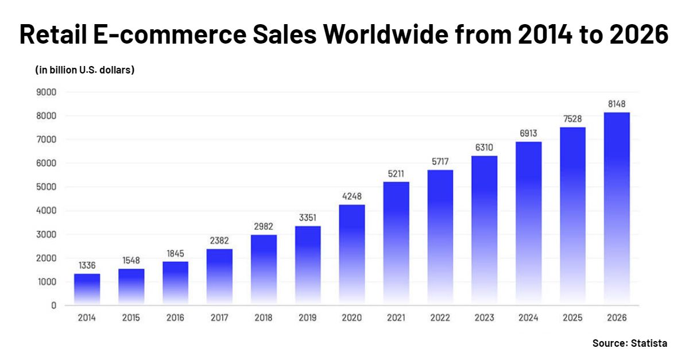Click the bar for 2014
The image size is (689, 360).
(87, 288)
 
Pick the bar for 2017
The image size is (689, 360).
(219, 276)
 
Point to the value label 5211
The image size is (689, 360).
(396, 173)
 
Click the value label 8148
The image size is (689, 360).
(617, 103)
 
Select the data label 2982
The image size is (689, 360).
(264, 226)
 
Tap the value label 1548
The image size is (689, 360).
(131, 260)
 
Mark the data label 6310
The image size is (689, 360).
(485, 148)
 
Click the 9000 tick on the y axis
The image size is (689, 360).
(46, 92)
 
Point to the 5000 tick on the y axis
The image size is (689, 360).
(46, 187)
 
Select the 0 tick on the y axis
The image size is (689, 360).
(53, 305)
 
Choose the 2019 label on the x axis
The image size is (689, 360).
(308, 318)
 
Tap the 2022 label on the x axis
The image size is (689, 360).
(440, 318)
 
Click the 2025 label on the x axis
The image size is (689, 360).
(573, 318)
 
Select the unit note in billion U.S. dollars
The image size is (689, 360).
(84, 70)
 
